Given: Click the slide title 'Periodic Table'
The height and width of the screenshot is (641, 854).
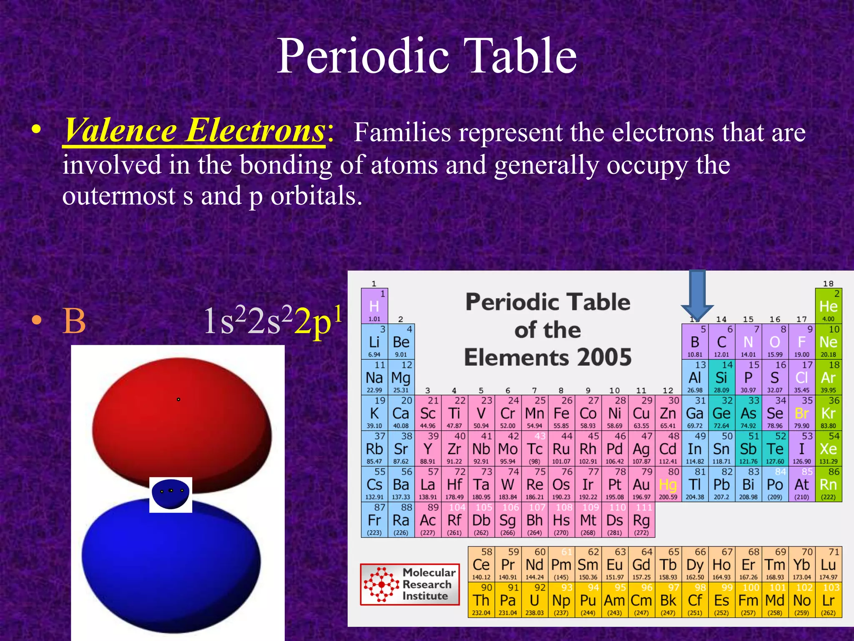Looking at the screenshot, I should point(427,56).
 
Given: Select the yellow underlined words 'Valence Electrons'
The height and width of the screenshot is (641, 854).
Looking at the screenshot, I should point(194,131).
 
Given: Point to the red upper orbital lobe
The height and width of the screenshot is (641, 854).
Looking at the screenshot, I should point(181,421).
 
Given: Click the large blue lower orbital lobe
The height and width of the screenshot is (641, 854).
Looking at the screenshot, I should point(171,568).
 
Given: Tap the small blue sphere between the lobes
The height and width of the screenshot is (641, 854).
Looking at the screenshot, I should point(171,493).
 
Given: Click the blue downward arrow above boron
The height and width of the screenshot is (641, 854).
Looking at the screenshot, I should point(697,294).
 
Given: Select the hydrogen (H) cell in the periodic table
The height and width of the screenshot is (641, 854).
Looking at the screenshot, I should point(374,306).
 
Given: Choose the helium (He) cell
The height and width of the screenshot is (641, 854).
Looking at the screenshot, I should point(828,306).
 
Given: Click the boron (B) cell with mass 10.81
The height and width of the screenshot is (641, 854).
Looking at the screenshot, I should point(695,342).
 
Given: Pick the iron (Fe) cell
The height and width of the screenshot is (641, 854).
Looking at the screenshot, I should point(561,413).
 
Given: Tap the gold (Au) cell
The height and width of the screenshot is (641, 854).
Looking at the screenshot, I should point(641,485).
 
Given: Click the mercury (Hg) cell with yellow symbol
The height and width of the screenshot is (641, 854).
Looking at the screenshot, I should point(668,485).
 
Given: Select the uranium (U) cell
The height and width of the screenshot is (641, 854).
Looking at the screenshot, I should point(535,600).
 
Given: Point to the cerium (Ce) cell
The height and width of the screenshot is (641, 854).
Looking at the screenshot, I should point(481,565).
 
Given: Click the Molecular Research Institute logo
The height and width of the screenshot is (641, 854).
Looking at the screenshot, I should point(410,584).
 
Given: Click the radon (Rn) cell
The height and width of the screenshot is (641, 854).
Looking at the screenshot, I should point(828,485).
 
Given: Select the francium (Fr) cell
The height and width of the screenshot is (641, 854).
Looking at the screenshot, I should point(374,520).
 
